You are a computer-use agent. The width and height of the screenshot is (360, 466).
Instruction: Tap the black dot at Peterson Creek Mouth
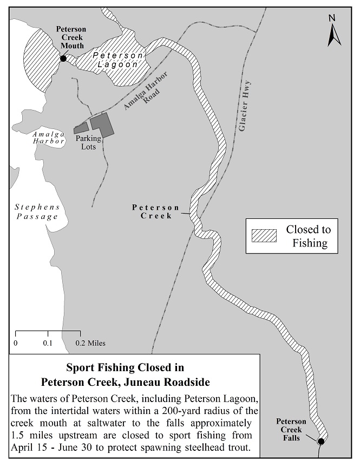(63, 58)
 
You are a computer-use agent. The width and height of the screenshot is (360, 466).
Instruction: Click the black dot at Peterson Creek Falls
(320, 441)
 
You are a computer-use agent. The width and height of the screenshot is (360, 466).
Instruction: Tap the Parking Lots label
(88, 142)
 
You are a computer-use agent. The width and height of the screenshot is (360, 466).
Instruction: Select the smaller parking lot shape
(81, 128)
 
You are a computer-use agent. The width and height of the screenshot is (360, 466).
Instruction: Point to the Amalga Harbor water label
(48, 137)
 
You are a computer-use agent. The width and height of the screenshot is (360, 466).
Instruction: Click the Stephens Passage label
(36, 212)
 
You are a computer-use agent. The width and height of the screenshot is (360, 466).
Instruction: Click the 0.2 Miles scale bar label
(91, 343)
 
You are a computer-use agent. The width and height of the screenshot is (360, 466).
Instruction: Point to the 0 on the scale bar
(15, 343)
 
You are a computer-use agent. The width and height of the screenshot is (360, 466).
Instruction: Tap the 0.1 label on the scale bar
(48, 343)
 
